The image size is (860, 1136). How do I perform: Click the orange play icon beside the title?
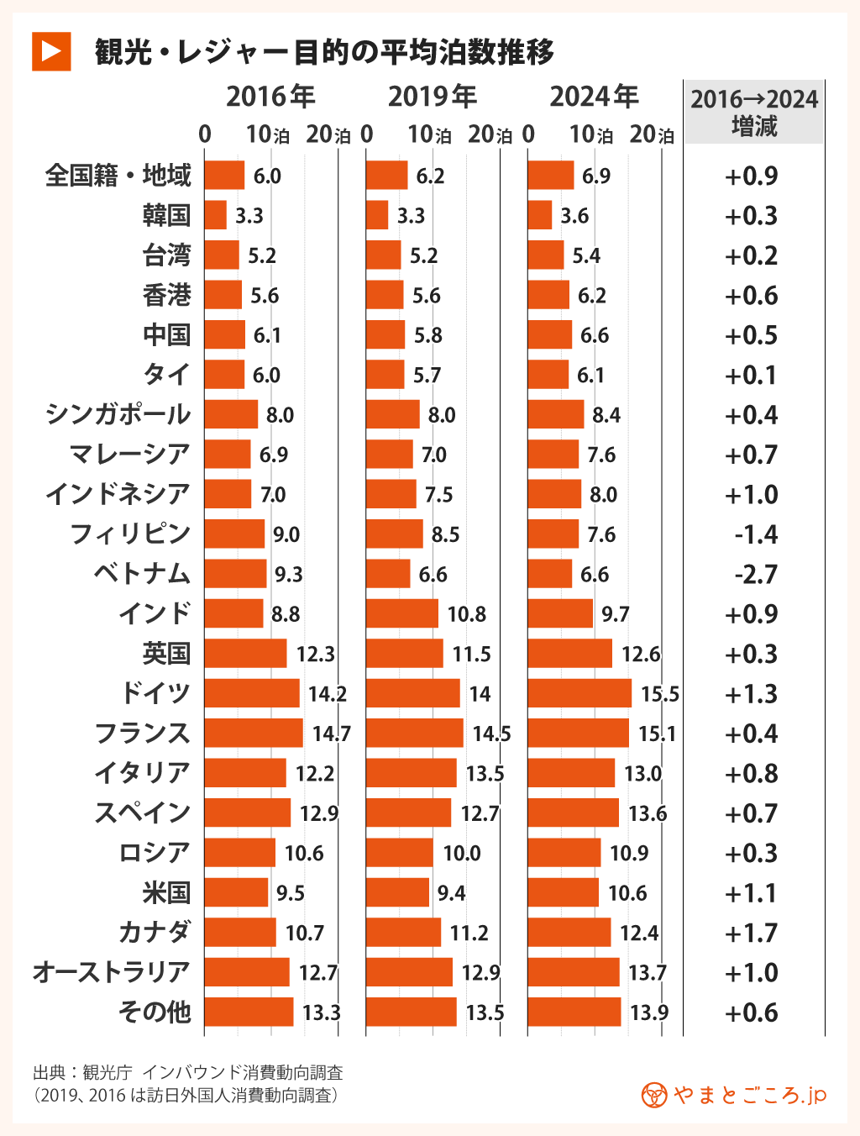pyautogui.click(x=51, y=51)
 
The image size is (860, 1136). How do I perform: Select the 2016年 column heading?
pyautogui.click(x=270, y=97)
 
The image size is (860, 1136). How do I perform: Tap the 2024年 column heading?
pyautogui.click(x=594, y=97)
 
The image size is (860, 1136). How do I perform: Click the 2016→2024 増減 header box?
pyautogui.click(x=753, y=113)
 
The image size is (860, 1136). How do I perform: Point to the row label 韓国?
pyautogui.click(x=166, y=216)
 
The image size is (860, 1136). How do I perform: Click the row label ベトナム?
pyautogui.click(x=142, y=574)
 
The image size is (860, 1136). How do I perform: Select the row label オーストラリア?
pyautogui.click(x=112, y=972)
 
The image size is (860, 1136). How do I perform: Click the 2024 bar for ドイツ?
pyautogui.click(x=579, y=693)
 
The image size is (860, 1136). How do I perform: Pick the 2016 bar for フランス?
pyautogui.click(x=253, y=734)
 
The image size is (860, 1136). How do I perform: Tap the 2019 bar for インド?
pyautogui.click(x=401, y=614)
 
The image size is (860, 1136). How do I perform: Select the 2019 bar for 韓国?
pyautogui.click(x=377, y=216)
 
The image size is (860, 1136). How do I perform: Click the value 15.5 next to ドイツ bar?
pyautogui.click(x=659, y=694)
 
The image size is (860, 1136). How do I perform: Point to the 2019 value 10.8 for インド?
pyautogui.click(x=466, y=614)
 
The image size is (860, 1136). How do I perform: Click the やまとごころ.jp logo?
pyautogui.click(x=734, y=1095)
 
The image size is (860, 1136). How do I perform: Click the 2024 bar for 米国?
pyautogui.click(x=563, y=892)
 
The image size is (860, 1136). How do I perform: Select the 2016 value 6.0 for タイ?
pyautogui.click(x=266, y=376)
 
